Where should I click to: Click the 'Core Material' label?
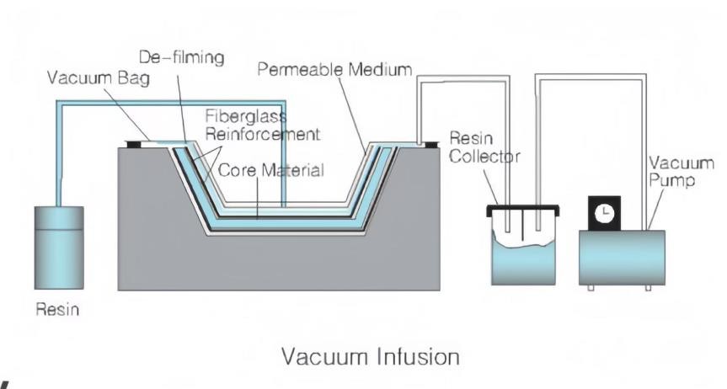coord(271,171)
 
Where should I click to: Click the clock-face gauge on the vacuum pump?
coord(603,214)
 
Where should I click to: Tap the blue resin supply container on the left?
coord(58,248)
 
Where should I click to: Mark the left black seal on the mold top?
coord(134,143)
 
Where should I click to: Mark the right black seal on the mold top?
coord(431,143)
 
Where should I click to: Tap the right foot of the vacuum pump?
coord(647,287)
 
